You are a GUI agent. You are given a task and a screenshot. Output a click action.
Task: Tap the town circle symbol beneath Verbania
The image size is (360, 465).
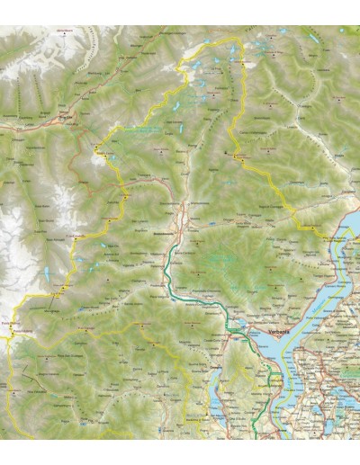click(255, 338)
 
